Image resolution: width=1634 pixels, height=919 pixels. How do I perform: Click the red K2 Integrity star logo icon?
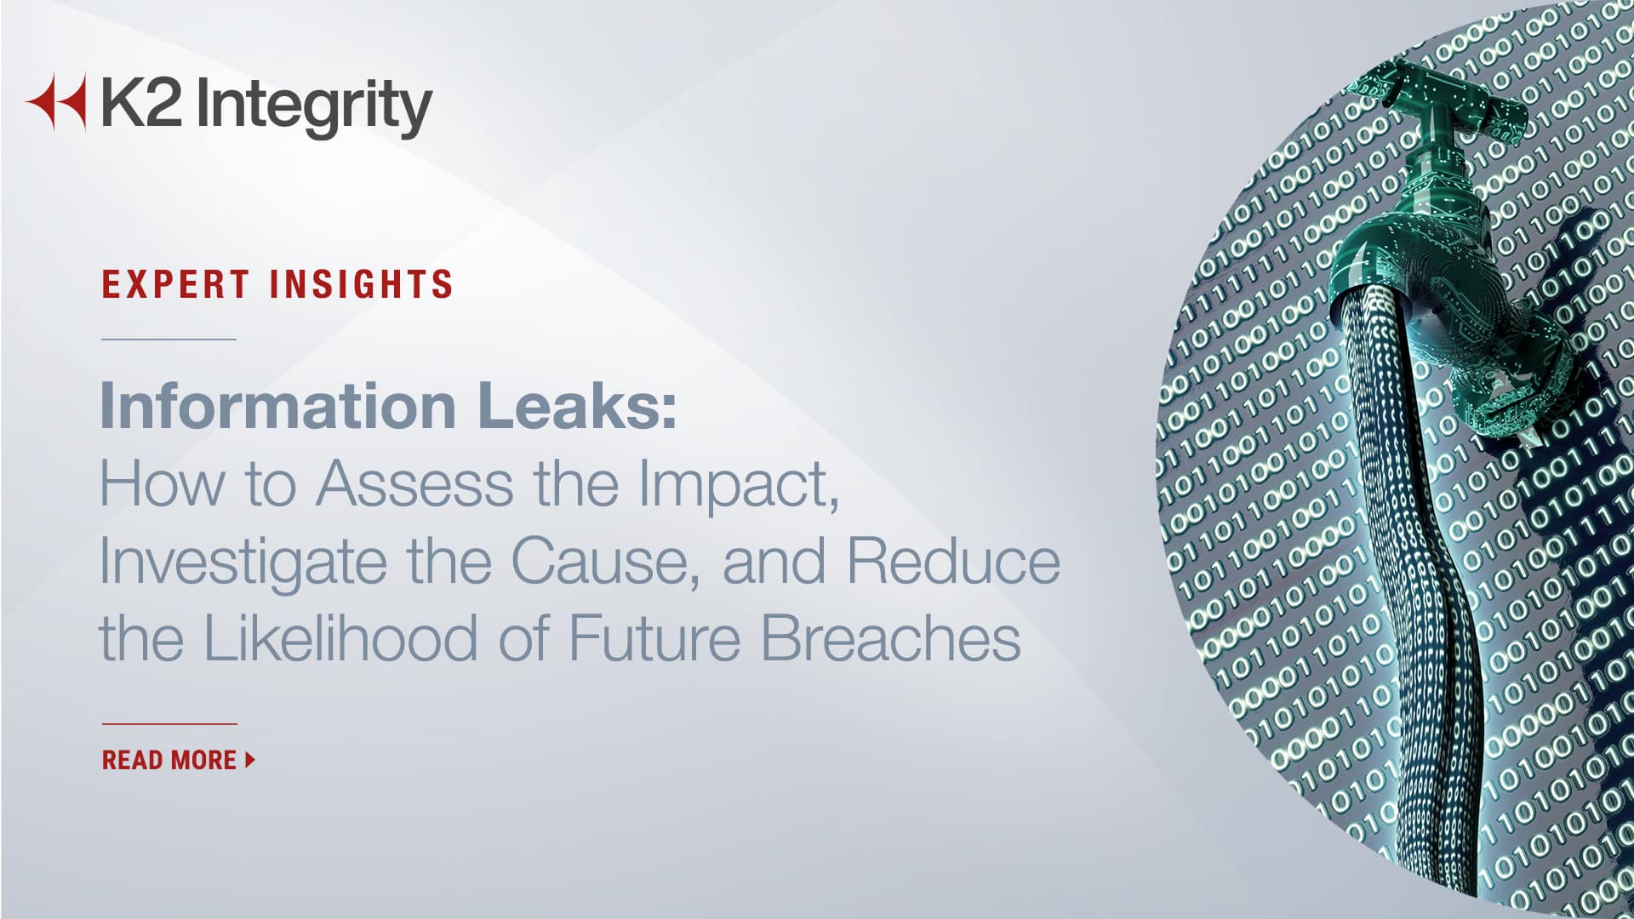[58, 102]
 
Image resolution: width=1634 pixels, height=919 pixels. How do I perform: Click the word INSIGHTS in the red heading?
[362, 284]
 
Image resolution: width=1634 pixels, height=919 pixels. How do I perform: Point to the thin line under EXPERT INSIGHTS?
[169, 339]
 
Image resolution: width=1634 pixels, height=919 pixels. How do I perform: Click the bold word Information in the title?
[278, 406]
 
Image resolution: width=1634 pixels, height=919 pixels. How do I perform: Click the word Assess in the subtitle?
[414, 483]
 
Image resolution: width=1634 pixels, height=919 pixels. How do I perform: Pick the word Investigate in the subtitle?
[242, 562]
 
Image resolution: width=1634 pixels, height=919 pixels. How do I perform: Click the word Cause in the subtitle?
[605, 562]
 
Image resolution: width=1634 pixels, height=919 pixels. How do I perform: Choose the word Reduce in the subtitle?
[953, 562]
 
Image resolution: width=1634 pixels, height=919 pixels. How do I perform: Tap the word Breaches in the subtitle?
[890, 638]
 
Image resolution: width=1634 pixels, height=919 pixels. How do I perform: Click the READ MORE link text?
[169, 760]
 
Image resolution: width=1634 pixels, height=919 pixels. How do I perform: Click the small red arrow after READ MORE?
[250, 760]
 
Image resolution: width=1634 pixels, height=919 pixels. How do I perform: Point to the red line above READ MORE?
[169, 724]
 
